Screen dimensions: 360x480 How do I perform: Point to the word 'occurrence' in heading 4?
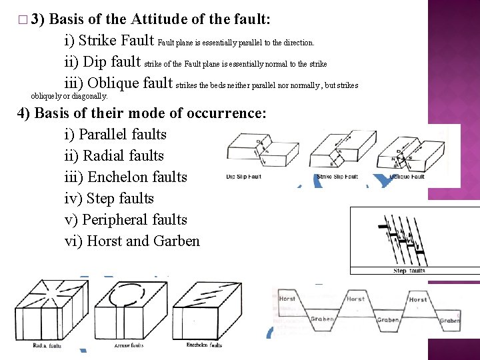click(223, 113)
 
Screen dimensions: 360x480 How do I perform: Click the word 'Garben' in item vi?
click(176, 241)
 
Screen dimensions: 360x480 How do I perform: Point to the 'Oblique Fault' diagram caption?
click(407, 177)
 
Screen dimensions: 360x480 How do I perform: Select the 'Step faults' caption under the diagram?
click(409, 271)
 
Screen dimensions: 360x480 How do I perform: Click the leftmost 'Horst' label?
click(288, 299)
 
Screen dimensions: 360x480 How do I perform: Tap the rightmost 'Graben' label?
click(449, 321)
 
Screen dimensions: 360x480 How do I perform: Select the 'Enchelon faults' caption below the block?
click(204, 346)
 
